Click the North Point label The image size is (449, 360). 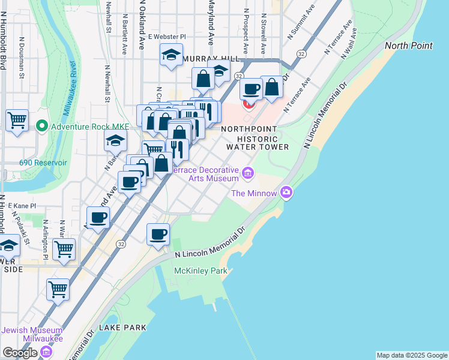click(x=408, y=46)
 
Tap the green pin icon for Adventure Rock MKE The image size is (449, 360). click(x=41, y=127)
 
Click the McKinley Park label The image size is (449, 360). click(x=200, y=271)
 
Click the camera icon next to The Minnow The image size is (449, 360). click(x=286, y=193)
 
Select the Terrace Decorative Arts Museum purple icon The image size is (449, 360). click(x=248, y=174)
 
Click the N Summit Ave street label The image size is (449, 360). click(x=301, y=24)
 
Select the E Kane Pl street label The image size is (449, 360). click(x=22, y=205)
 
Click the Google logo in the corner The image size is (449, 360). click(x=20, y=353)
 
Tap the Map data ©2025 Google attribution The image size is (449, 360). click(x=412, y=355)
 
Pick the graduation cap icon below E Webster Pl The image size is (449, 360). click(x=171, y=56)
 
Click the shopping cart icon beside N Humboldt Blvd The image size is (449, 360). click(x=17, y=119)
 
